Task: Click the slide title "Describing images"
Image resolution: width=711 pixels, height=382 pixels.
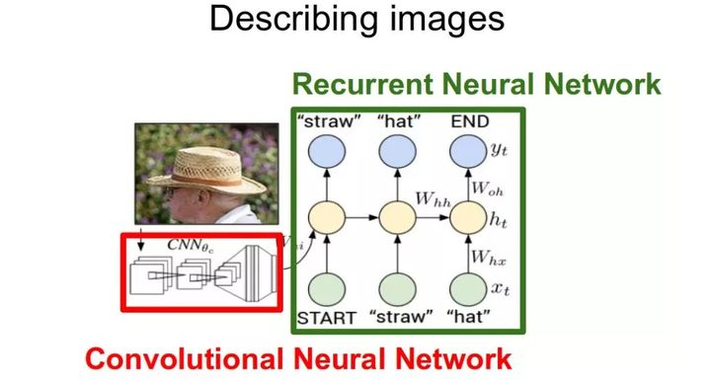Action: click(355, 21)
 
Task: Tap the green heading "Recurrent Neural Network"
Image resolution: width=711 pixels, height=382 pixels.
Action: click(477, 84)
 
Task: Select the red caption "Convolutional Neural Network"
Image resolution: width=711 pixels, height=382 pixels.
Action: click(296, 357)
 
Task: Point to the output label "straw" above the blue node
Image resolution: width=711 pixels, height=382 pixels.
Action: click(327, 121)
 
